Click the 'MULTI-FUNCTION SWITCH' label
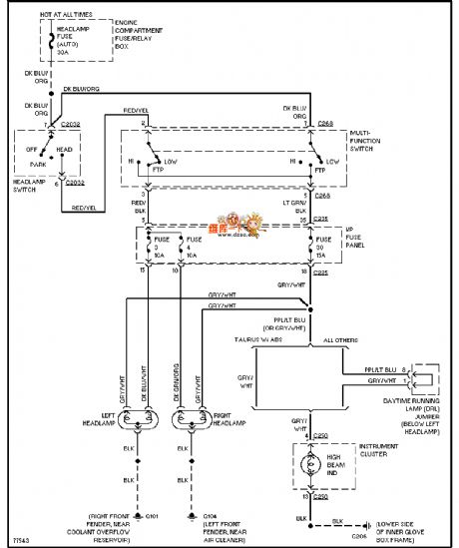click(374, 144)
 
